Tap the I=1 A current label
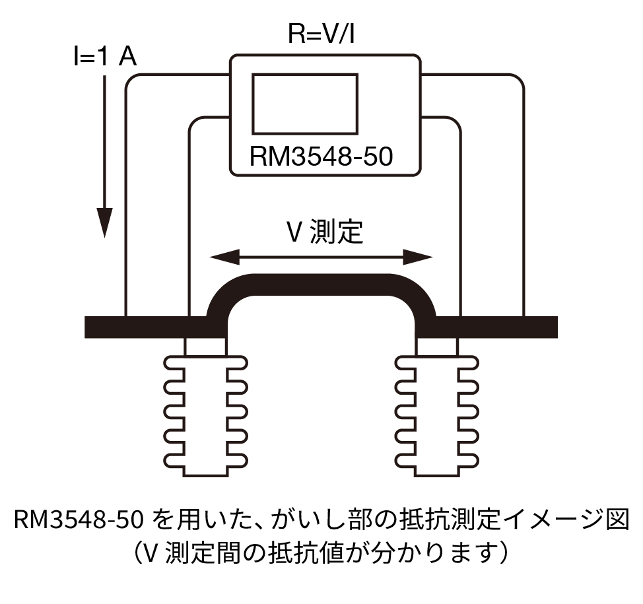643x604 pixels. coord(105,58)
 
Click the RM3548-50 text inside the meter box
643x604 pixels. coord(321,157)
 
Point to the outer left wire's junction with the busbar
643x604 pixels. coord(125,318)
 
